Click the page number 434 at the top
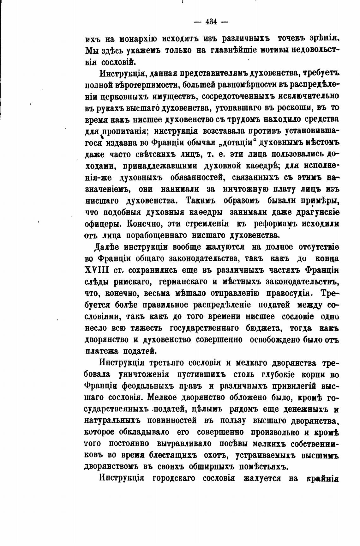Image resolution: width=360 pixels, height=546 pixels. [211, 21]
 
